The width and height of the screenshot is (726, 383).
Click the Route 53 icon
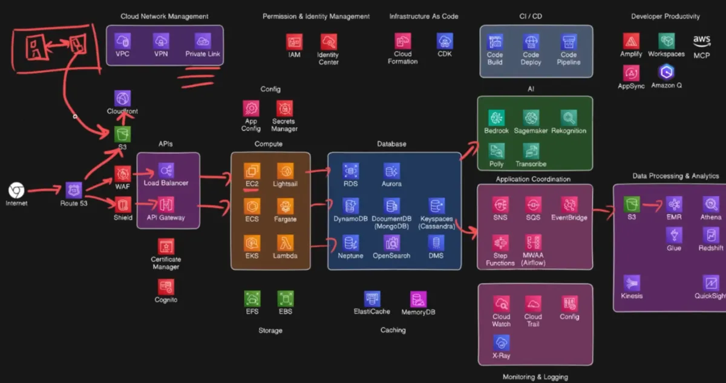click(x=74, y=190)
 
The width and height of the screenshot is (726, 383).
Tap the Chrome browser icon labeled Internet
click(x=16, y=191)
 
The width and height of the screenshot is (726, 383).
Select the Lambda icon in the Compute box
click(x=285, y=243)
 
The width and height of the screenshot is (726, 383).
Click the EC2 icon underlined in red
click(x=252, y=171)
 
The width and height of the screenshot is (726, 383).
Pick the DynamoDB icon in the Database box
click(x=351, y=206)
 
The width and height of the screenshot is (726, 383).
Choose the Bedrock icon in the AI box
click(x=496, y=117)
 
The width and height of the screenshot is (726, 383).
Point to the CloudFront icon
click(x=122, y=98)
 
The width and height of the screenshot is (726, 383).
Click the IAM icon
click(x=294, y=42)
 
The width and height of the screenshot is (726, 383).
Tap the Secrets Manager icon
click(x=284, y=108)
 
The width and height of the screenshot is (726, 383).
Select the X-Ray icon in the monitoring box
click(x=501, y=342)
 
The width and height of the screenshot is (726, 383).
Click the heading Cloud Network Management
click(x=165, y=16)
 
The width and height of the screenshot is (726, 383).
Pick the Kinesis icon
click(x=632, y=283)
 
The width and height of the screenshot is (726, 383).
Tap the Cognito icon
click(x=166, y=287)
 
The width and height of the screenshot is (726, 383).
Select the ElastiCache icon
click(x=372, y=298)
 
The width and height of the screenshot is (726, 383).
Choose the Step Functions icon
click(x=500, y=243)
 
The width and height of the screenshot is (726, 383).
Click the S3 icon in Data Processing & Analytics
click(x=632, y=204)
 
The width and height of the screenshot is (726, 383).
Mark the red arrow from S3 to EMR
click(x=652, y=205)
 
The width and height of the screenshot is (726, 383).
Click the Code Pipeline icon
click(x=569, y=42)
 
